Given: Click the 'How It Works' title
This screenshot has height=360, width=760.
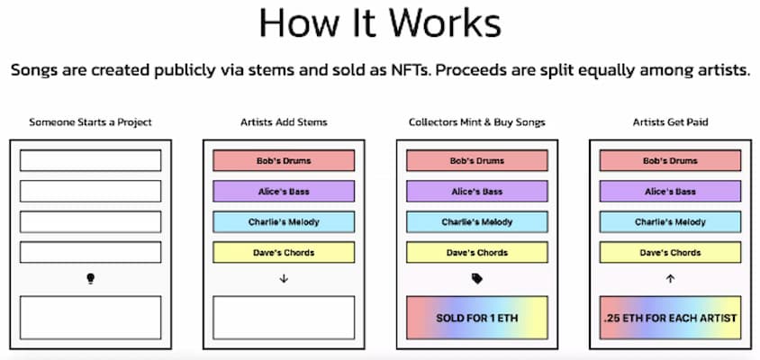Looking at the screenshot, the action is (x=380, y=22).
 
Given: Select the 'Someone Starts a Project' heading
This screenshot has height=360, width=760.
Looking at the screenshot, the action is (x=90, y=122).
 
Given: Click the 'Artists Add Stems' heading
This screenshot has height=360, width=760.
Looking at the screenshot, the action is (x=284, y=122).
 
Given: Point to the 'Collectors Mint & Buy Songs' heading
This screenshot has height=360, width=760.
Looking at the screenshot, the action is (x=477, y=122).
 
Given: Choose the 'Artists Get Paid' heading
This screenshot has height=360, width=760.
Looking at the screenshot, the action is (x=670, y=122).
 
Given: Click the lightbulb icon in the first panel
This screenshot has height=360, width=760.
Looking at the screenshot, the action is (x=90, y=279).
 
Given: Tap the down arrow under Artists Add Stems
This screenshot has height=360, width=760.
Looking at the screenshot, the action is (x=284, y=279).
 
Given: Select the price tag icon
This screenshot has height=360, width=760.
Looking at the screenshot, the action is (x=477, y=279).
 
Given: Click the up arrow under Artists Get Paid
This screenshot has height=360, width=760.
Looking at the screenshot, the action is (x=670, y=279).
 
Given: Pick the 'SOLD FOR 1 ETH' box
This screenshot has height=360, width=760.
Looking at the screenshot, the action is (x=477, y=318).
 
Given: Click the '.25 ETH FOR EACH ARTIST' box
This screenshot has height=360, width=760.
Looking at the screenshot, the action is (x=670, y=318).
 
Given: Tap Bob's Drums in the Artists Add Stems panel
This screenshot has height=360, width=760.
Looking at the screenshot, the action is (x=284, y=160).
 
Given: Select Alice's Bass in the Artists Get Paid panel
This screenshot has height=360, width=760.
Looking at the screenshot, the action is (x=670, y=191).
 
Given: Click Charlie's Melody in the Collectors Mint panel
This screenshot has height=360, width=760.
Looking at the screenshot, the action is (x=477, y=222).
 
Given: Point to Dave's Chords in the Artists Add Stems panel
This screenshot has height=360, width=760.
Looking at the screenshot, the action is (x=284, y=252).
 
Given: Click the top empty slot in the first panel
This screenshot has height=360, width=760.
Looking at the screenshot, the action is (x=90, y=160).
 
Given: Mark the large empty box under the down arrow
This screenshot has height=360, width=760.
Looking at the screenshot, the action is (x=284, y=318).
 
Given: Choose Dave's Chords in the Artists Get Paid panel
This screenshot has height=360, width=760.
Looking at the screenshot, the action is (x=670, y=252).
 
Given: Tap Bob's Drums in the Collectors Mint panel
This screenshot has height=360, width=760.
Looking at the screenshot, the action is (x=477, y=160).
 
